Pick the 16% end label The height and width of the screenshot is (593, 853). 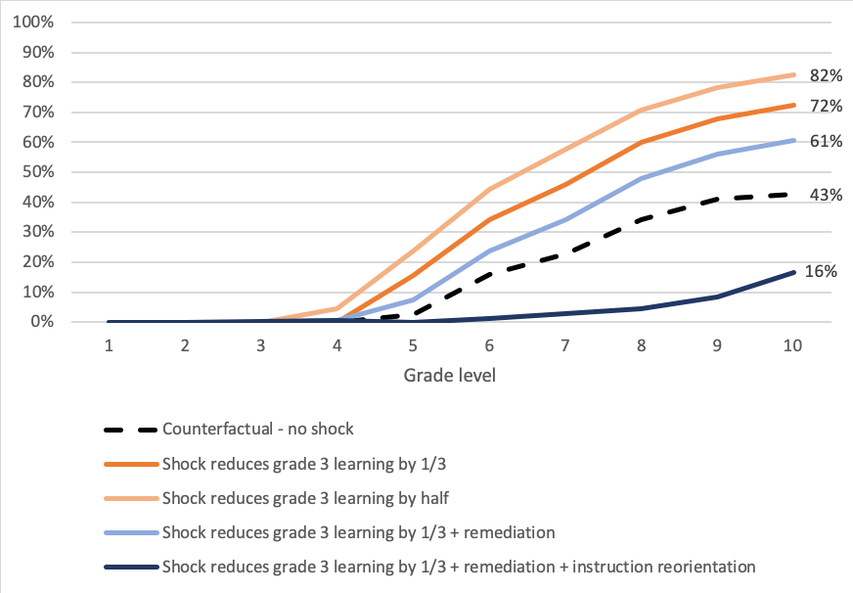(x=821, y=272)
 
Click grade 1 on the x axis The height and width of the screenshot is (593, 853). (x=110, y=346)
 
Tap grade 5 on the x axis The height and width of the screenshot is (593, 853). (x=413, y=346)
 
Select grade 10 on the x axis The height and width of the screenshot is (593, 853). (x=792, y=346)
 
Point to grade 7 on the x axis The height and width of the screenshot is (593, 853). (x=564, y=346)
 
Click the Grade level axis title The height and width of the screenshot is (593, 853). (x=451, y=376)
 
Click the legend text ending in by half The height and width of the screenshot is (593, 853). (x=306, y=498)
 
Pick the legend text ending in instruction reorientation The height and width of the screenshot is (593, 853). (x=459, y=566)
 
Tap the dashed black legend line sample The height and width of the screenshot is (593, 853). (x=129, y=430)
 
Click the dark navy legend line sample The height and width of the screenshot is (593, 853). (x=129, y=567)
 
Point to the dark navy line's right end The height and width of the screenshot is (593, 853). (x=793, y=273)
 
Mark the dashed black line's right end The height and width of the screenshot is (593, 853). (x=793, y=195)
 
